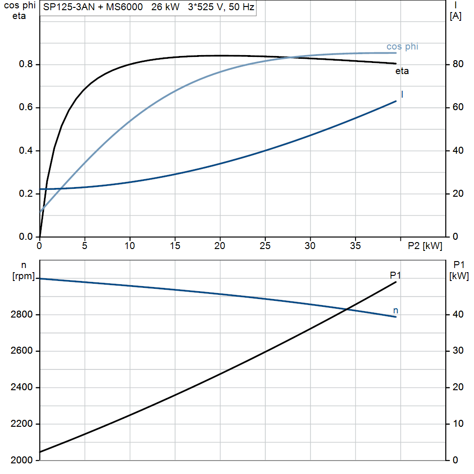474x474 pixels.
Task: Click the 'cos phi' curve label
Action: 402,47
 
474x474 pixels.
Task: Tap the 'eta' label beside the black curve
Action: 402,71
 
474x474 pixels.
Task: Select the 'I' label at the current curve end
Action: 402,94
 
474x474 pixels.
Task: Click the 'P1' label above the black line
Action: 395,275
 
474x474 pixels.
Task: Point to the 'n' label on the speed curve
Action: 396,311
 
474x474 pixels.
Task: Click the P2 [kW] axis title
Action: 425,246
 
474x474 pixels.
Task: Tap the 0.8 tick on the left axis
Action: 25,64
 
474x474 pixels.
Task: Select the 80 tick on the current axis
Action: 458,64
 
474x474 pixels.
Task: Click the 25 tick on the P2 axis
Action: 265,246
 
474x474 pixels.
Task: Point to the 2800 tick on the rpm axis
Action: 21,315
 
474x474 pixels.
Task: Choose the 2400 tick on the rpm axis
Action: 21,387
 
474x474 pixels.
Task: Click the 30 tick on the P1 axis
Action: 458,351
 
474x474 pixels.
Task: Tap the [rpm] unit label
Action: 24,276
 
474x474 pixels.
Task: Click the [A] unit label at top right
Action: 455,16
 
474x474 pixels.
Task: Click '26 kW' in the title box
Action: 165,7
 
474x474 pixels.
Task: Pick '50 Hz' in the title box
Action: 241,7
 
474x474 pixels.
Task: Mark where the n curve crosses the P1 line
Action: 347,309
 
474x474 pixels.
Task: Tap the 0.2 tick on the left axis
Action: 25,194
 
